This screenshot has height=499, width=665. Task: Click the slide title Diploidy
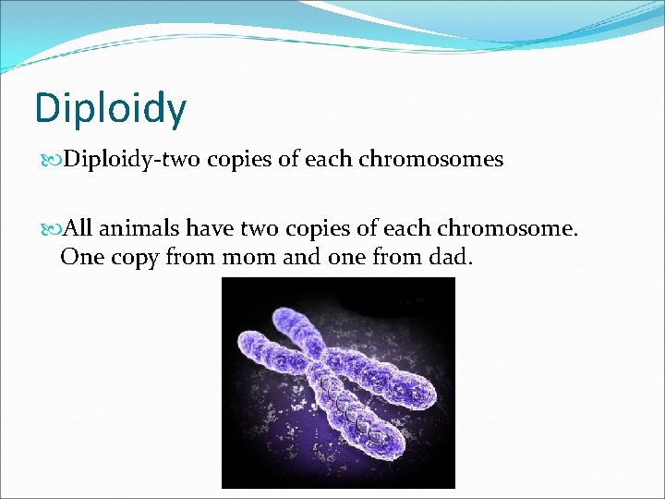(110, 108)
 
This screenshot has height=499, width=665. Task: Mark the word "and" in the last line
(300, 257)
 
